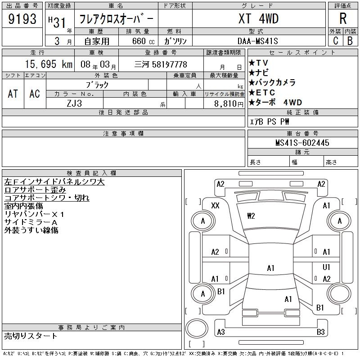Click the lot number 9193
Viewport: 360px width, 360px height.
tap(22, 18)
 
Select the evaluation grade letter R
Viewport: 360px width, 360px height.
tap(343, 18)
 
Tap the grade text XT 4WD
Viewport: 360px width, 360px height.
tap(258, 18)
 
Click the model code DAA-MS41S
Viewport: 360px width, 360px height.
tap(258, 41)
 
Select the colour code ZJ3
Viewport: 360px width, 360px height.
tap(74, 103)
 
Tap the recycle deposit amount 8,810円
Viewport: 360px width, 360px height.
tap(224, 103)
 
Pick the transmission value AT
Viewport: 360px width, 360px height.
tap(13, 94)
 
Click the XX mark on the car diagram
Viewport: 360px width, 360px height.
tap(215, 206)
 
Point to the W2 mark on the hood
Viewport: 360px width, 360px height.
tap(251, 216)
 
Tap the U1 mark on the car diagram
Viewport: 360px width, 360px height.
tap(326, 267)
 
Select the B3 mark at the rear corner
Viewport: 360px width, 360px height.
tap(320, 332)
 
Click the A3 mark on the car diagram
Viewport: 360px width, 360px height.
tap(220, 332)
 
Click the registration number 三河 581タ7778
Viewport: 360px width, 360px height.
tap(161, 64)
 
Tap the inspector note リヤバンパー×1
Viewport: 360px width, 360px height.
tap(34, 214)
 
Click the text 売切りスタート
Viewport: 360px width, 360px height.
tap(31, 336)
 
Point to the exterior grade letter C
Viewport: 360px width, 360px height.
tap(335, 41)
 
